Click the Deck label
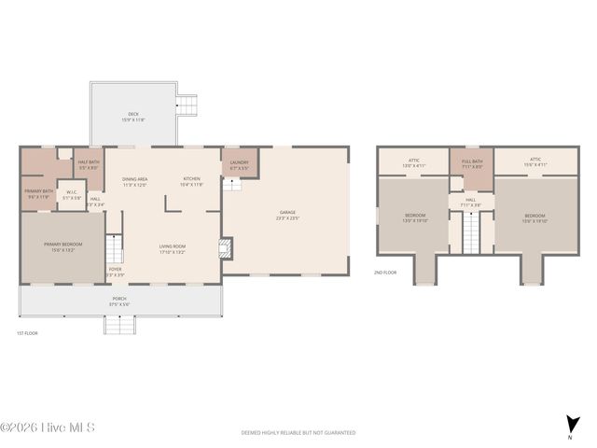pyautogui.click(x=133, y=116)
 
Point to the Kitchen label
pyautogui.click(x=191, y=180)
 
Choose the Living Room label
pyautogui.click(x=173, y=249)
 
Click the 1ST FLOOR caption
pyautogui.click(x=27, y=332)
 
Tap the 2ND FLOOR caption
pyautogui.click(x=384, y=273)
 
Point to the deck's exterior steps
pyautogui.click(x=188, y=104)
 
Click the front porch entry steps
pyautogui.click(x=118, y=325)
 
